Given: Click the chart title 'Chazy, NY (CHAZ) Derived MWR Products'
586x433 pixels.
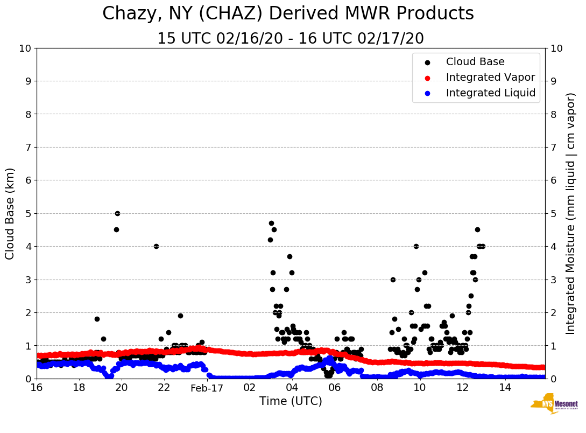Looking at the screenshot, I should pos(288,14).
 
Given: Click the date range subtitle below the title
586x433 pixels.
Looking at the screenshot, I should pos(291,39).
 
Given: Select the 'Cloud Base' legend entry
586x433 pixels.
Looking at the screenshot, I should pos(475,62).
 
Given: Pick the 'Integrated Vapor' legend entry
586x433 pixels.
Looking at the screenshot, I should pos(490,78).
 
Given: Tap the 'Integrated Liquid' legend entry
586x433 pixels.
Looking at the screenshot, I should pos(491,93).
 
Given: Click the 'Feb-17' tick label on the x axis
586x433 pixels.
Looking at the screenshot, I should pos(207,388).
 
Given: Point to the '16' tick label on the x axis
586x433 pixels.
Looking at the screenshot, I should pos(37,388).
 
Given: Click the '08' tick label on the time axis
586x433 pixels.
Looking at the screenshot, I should pos(377,388).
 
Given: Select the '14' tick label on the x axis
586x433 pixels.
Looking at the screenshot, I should pos(505,388).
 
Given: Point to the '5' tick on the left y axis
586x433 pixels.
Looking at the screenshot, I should pos(28,214).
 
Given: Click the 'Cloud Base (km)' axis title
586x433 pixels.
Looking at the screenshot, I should pos(10,213).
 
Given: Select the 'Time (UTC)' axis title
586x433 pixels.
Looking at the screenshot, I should pos(291,401).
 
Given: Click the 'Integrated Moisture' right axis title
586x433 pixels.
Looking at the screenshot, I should pos(571,213).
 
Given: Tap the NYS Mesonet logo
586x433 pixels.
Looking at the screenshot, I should pos(554,404).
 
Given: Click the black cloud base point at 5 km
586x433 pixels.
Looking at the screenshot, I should pos(117,213).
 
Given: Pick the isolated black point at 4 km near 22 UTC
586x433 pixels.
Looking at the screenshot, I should pos(156,246).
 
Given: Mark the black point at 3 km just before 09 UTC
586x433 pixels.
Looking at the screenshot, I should pos(393,280).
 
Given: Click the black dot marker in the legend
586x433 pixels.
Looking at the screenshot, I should pos(427,62).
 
